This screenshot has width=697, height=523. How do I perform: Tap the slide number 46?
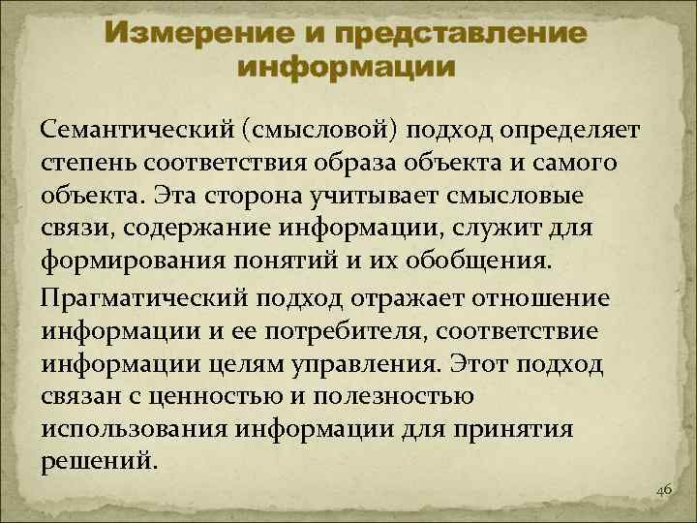tap(663, 491)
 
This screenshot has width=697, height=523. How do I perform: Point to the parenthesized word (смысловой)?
tap(326, 129)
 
